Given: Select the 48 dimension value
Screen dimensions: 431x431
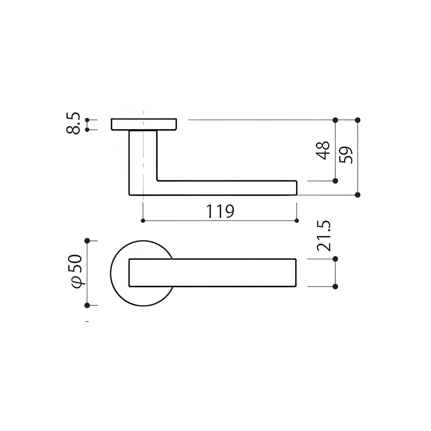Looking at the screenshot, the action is [324, 151].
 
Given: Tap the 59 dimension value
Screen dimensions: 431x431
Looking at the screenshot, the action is [346, 155].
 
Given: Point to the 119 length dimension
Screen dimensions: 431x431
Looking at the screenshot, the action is [220, 211].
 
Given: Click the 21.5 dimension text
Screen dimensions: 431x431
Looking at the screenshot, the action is [324, 236].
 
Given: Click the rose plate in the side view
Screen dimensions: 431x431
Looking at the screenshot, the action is [144, 125].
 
